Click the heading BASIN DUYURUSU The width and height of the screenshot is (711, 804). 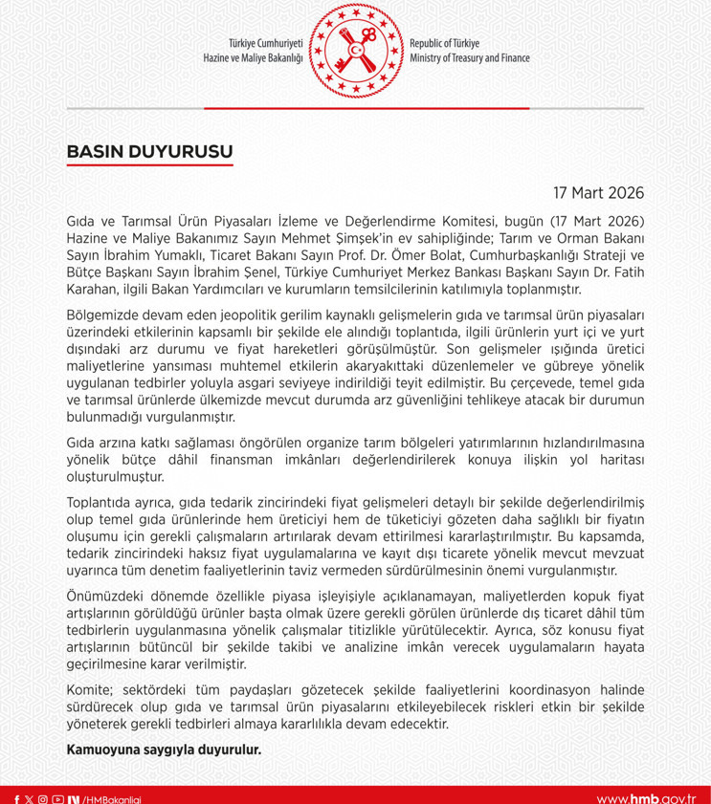pos(149,151)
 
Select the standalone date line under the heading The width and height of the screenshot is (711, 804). pos(593,190)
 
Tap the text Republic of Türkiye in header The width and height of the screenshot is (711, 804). pos(445,44)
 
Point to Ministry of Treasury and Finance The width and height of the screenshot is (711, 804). pos(469,58)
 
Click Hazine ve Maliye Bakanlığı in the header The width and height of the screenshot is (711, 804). pos(253,58)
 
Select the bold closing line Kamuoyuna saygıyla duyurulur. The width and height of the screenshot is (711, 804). pos(164,750)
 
